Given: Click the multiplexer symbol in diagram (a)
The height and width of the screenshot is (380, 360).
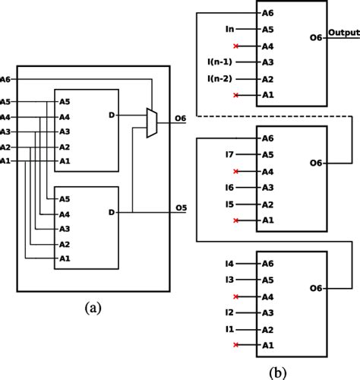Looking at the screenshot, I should [151, 122].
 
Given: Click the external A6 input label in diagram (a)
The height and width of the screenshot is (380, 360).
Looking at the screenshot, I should [6, 79].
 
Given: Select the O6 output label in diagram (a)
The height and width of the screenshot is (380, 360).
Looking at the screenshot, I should [181, 118].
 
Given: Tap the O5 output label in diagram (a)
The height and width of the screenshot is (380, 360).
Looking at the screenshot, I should [181, 207].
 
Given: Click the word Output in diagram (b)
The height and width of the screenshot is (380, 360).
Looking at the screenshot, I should [343, 33].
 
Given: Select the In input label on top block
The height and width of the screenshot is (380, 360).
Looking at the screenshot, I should [229, 29].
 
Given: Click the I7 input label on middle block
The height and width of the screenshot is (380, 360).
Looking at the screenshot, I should [229, 154].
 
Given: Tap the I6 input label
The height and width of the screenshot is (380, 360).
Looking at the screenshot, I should [229, 187].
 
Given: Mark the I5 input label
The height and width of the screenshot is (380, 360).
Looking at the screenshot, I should [229, 204].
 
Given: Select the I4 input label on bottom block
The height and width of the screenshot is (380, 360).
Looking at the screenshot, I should [229, 263].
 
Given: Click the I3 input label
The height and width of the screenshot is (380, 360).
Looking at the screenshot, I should [229, 280].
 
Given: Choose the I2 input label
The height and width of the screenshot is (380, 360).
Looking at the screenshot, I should [229, 312].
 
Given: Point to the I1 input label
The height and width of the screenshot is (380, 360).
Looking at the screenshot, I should [229, 328].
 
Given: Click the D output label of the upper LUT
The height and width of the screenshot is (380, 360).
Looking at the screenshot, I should [112, 116].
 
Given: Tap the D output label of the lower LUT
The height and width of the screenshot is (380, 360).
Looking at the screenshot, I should [112, 212].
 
